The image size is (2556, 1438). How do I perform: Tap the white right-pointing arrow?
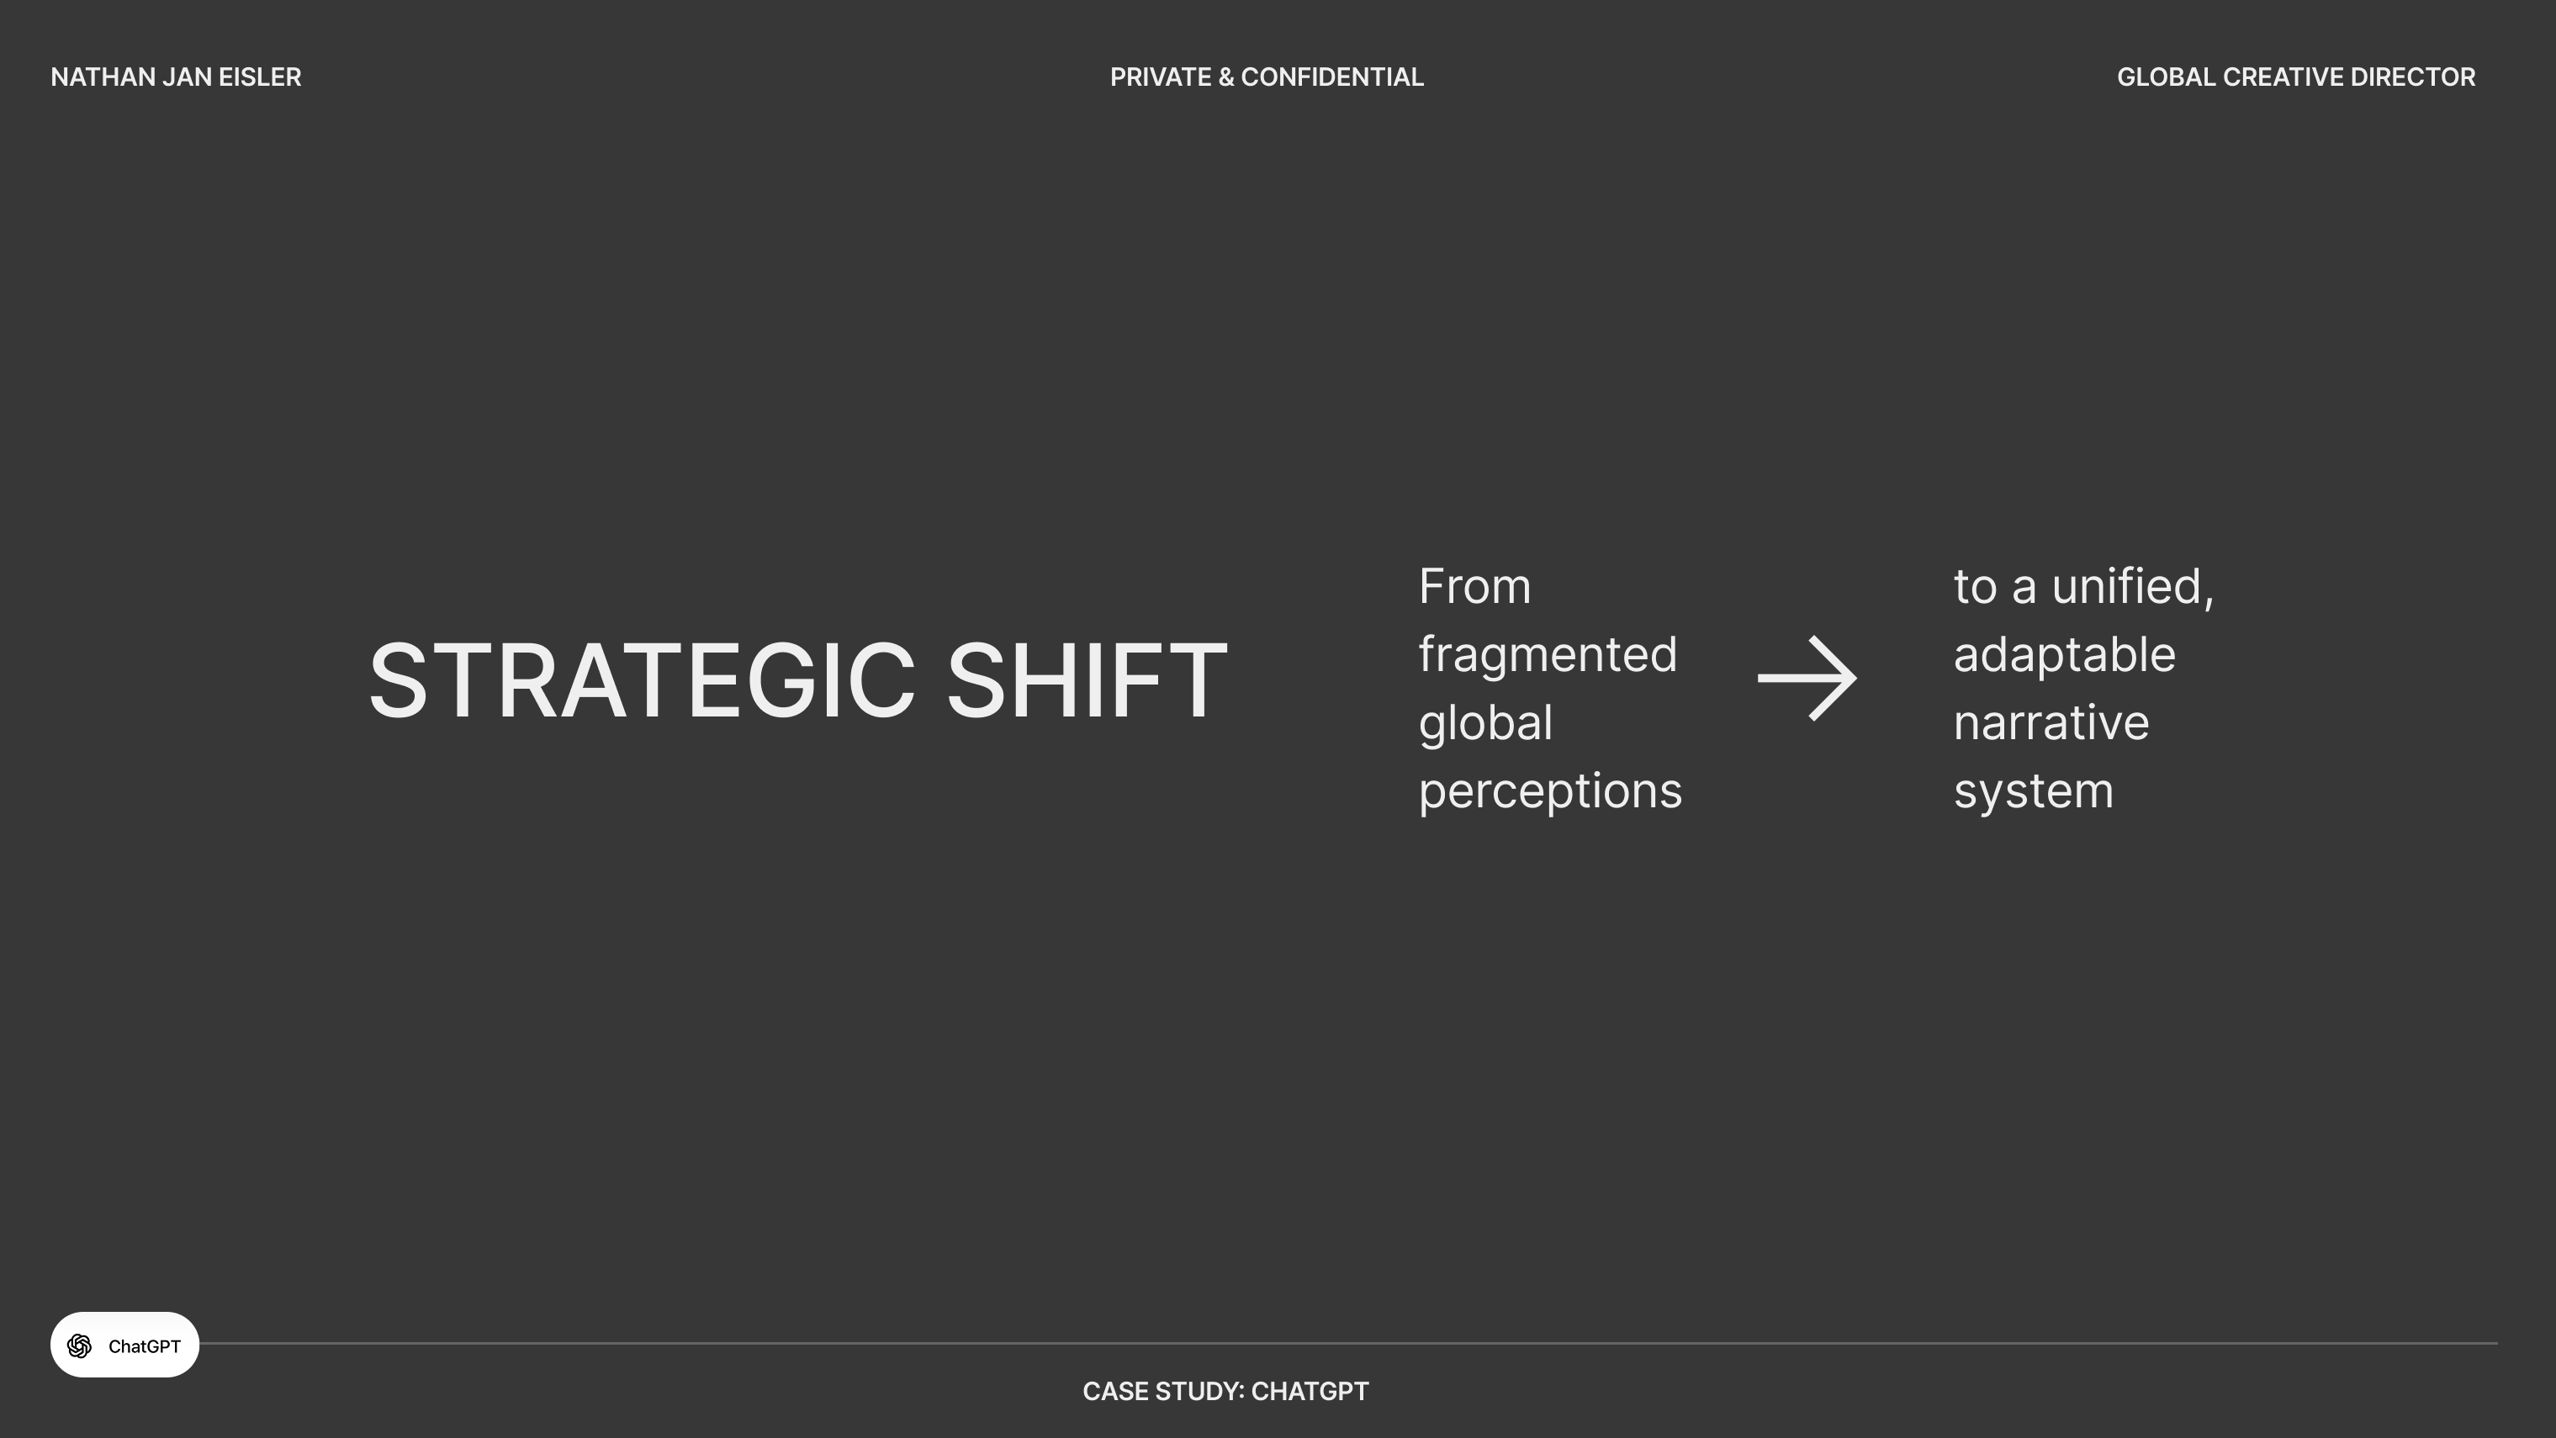tap(1807, 679)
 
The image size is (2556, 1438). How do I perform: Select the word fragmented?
tap(1548, 656)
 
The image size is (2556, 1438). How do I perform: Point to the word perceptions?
tap(1550, 793)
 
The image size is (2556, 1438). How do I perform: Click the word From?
tap(1474, 586)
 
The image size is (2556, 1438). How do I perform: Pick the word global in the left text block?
tap(1485, 723)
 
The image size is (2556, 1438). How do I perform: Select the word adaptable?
tap(2064, 656)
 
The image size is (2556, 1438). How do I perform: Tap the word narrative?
tap(2051, 723)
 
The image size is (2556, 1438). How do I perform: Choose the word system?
tap(2033, 793)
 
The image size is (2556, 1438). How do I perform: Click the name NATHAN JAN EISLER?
tap(176, 77)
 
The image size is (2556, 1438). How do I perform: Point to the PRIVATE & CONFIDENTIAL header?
tap(1266, 77)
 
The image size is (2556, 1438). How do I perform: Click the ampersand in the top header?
tap(1225, 77)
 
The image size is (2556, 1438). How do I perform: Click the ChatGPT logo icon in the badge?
tap(79, 1345)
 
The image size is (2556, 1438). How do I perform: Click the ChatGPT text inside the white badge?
tap(144, 1346)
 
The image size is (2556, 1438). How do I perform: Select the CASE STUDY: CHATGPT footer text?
tap(1225, 1392)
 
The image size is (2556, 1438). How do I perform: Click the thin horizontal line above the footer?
tap(1347, 1344)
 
